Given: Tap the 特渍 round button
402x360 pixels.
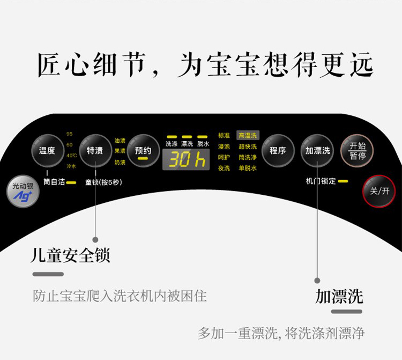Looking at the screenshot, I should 95,150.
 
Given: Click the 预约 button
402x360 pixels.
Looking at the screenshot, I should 143,151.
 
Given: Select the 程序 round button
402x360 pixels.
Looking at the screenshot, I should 278,150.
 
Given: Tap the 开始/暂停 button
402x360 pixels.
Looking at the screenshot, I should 357,150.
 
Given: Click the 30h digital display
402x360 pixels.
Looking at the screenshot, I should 185,159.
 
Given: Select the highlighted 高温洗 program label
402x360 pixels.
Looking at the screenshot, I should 248,136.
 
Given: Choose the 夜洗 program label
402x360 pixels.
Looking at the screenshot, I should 224,168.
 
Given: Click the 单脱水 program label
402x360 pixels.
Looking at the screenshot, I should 248,168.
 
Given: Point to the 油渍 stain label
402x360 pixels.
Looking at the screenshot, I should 120,141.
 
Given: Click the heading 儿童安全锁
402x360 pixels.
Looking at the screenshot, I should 70,255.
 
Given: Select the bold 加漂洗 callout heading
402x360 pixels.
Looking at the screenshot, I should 339,296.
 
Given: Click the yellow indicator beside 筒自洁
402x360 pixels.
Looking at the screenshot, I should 71,182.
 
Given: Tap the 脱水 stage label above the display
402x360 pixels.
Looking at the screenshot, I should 203,144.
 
